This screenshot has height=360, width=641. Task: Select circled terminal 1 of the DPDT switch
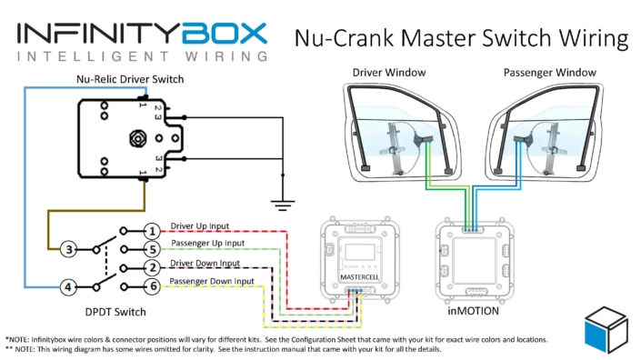coord(153,231)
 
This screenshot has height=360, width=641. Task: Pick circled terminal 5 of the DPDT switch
coord(153,249)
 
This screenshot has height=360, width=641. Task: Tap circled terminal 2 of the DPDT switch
coord(153,269)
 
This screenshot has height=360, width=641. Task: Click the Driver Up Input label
coord(199,225)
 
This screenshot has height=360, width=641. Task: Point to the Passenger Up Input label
coord(208,244)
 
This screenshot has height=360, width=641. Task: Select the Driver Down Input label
coord(205,264)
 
